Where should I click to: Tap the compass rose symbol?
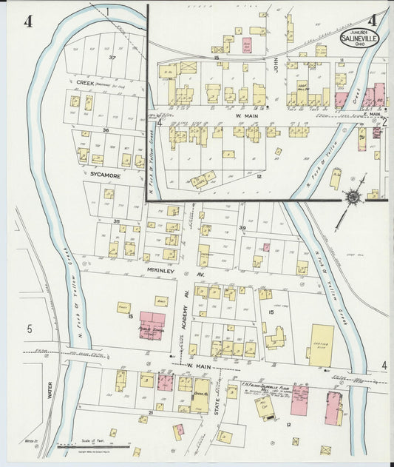[x=353, y=197]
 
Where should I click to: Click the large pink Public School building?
[x=152, y=326]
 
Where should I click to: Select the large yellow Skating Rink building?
[x=322, y=345]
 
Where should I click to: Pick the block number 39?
[x=242, y=227]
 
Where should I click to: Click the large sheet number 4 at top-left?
[x=28, y=21]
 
